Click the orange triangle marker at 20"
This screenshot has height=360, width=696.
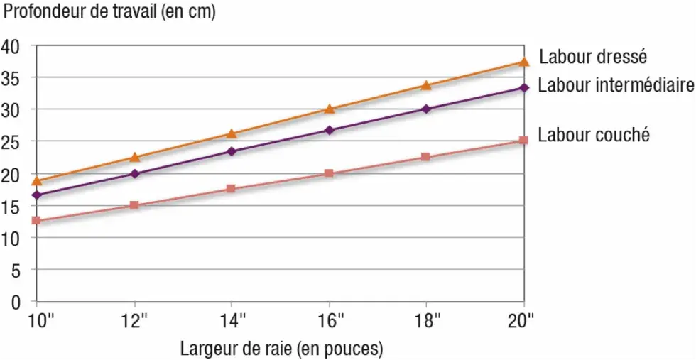524,62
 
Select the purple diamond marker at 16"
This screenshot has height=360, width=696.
330,130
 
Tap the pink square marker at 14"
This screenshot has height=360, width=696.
232,189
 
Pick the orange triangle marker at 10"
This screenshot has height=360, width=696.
37,181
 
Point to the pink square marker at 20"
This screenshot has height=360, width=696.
523,141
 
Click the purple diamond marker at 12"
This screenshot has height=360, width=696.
135,173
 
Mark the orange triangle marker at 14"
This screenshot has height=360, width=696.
232,133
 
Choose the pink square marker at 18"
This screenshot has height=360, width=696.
426,157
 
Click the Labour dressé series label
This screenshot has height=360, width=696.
593,56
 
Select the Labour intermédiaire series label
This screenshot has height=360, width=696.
615,86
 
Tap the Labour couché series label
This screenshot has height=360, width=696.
594,135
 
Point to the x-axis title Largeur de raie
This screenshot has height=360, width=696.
281,349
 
